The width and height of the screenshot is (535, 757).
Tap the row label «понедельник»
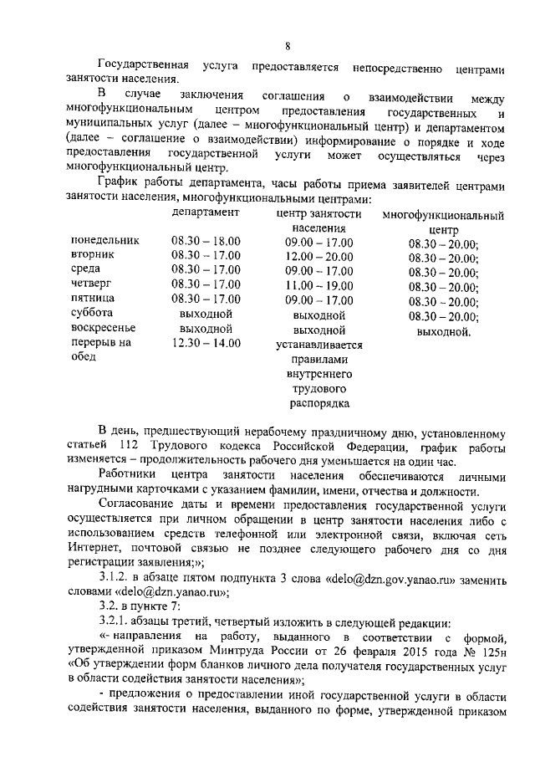coord(105,241)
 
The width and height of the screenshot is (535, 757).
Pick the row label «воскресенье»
coord(103,329)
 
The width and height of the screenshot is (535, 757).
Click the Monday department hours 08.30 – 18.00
coord(206,241)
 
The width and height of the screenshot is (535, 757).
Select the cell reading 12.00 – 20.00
coord(318,256)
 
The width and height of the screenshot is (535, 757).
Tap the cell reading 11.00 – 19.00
coord(318,285)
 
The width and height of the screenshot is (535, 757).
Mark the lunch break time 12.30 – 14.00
coord(206,343)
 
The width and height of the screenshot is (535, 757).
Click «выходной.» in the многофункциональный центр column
coord(443,331)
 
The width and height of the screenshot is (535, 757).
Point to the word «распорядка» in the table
coord(318,404)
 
